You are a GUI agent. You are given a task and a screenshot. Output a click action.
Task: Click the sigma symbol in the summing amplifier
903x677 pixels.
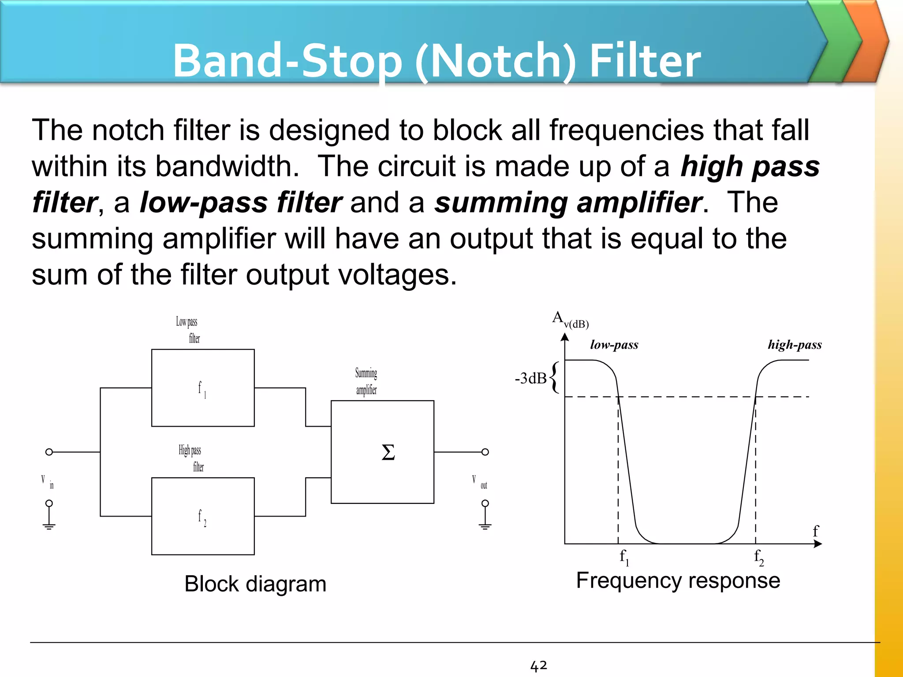click(388, 452)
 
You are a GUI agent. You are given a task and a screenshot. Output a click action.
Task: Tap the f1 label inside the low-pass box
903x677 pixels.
click(202, 389)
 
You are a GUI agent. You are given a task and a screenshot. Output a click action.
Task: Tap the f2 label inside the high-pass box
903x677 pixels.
click(202, 517)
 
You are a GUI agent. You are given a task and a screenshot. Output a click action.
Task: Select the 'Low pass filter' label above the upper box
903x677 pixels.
click(189, 330)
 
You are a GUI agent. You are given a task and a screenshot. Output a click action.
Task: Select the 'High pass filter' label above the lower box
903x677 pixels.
click(191, 458)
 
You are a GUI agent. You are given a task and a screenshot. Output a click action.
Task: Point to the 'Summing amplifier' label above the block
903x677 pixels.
click(366, 381)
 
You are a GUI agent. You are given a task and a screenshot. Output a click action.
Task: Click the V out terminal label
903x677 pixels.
click(480, 482)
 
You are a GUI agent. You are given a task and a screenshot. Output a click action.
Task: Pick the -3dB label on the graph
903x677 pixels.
click(530, 378)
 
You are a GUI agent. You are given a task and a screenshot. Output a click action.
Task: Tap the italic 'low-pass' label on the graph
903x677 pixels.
click(614, 345)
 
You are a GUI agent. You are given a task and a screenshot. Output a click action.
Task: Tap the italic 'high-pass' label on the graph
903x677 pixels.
click(795, 345)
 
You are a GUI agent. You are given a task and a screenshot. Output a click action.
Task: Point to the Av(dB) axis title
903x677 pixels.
click(570, 320)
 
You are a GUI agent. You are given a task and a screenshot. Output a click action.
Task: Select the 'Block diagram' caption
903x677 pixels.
click(255, 584)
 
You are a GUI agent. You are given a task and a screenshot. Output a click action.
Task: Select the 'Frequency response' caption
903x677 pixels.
click(678, 580)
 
